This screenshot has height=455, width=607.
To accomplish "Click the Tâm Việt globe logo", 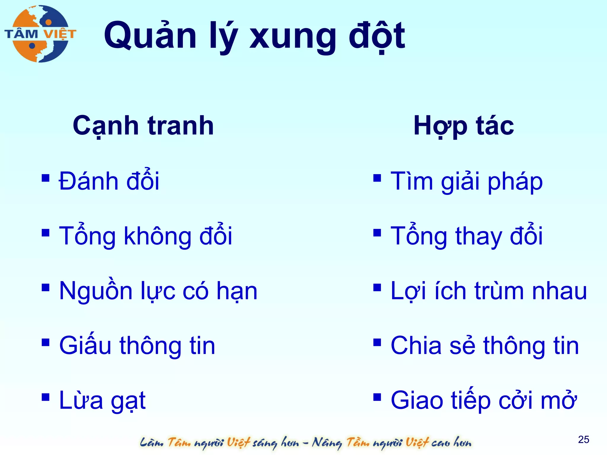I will [x=40, y=33].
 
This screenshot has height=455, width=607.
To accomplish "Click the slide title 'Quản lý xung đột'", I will [x=254, y=36].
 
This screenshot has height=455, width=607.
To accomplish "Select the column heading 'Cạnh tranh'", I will [x=143, y=126].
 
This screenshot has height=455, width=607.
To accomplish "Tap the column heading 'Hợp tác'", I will [x=464, y=126].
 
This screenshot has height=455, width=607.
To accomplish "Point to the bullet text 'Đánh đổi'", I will [x=109, y=181].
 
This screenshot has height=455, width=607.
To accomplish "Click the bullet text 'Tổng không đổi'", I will [x=146, y=236].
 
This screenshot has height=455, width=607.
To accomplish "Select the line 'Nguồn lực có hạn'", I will [x=158, y=291].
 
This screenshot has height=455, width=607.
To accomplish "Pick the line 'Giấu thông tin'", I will [x=137, y=345].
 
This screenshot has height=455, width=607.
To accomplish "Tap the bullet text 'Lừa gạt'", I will [x=102, y=400].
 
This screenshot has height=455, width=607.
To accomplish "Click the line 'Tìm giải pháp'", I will [x=467, y=181].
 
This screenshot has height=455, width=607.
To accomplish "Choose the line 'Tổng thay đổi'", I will [x=467, y=236].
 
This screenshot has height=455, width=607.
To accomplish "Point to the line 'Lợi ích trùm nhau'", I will [x=489, y=291].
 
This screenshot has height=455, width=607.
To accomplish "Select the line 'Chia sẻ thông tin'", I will [x=485, y=345].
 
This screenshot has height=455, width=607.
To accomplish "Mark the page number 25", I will [x=583, y=439].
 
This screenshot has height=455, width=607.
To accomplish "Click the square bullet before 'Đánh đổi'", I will [x=45, y=178].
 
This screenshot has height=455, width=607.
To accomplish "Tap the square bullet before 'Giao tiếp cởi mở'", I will [x=377, y=397].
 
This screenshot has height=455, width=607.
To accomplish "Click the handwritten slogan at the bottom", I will [x=305, y=443].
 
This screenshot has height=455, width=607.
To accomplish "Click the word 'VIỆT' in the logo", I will [x=60, y=34].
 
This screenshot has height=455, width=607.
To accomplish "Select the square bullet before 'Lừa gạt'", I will [x=45, y=397].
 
